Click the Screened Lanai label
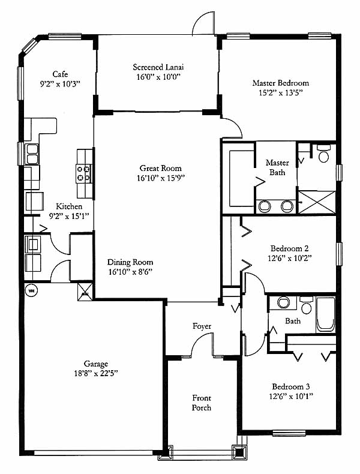pos(158,67)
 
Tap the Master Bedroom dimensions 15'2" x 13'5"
pos(281,92)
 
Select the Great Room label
pos(161,168)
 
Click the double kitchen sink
pos(32,154)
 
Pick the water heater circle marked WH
pos(31,291)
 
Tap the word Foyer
pos(202,326)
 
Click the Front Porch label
pos(202,403)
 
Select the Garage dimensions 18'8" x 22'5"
pos(96,373)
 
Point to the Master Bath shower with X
pos(317,202)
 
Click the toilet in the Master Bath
pos(324,154)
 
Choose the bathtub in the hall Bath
pos(326,314)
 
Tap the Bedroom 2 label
pos(290,248)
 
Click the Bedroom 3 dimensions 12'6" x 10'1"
pos(291,396)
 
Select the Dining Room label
pos(130,262)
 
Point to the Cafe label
pos(60,74)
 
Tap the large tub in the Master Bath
pos(242,178)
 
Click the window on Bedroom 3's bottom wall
pos(289,433)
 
